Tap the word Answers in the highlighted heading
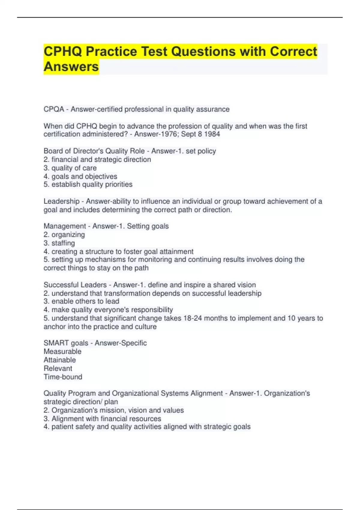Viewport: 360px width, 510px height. [x=71, y=67]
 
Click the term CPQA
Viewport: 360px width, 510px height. [x=54, y=109]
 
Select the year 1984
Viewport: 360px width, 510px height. [x=212, y=134]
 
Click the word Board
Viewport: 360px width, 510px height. [x=52, y=151]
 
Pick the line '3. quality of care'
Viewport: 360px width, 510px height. [x=70, y=168]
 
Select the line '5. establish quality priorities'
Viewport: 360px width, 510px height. [x=88, y=184]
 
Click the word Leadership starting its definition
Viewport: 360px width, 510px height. [x=61, y=201]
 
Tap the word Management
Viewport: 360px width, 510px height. [x=64, y=226]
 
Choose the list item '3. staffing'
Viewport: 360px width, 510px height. [x=59, y=243]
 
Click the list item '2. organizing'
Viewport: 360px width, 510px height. [x=64, y=235]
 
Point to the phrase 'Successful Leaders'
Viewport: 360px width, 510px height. [x=75, y=285]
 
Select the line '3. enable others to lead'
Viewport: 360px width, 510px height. [x=81, y=301]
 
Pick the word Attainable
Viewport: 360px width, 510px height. [x=60, y=360]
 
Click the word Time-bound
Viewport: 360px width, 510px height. [x=63, y=377]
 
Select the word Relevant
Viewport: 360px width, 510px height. [x=58, y=368]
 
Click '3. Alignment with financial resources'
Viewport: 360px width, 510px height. [x=102, y=418]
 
